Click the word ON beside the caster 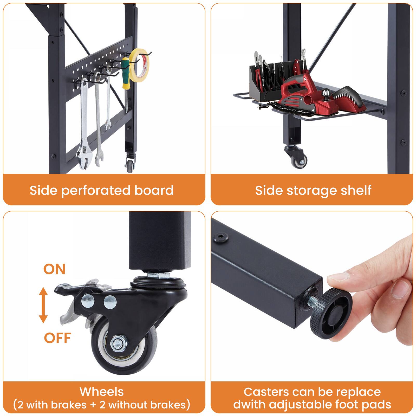[x=54, y=269]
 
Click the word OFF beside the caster [x=57, y=338]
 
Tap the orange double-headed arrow [x=43, y=305]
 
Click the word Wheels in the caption [x=102, y=392]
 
